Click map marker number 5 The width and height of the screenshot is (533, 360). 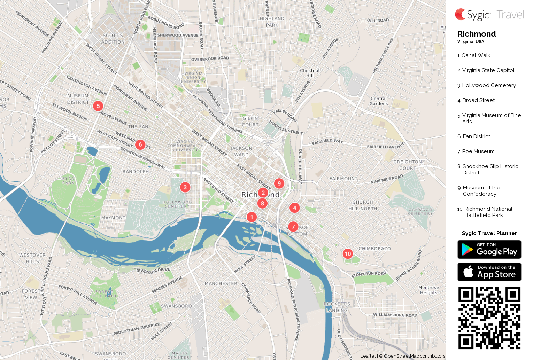coord(98,106)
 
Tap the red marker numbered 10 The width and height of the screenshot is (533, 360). coord(348,254)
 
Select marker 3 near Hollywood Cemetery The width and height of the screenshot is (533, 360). coord(185,187)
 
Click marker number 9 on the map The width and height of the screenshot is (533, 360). coord(279,183)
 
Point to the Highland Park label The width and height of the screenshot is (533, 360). coord(272,22)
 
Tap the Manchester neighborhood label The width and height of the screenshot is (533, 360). coord(221,284)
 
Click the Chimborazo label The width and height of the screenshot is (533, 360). coord(374,249)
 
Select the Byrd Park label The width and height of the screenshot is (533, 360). coord(68,181)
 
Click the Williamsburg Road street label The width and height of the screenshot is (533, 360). coord(395,315)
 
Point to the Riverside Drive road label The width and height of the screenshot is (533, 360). coord(153,271)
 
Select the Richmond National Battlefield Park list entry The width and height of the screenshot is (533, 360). coord(488,212)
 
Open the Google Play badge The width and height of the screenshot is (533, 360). coord(489,250)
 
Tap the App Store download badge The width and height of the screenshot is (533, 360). coord(489,272)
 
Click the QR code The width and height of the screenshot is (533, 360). coord(489,318)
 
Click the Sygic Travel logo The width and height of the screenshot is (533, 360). coord(489,15)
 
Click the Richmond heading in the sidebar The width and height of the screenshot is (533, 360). coord(477,34)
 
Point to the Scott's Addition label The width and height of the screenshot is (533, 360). coord(113,39)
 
